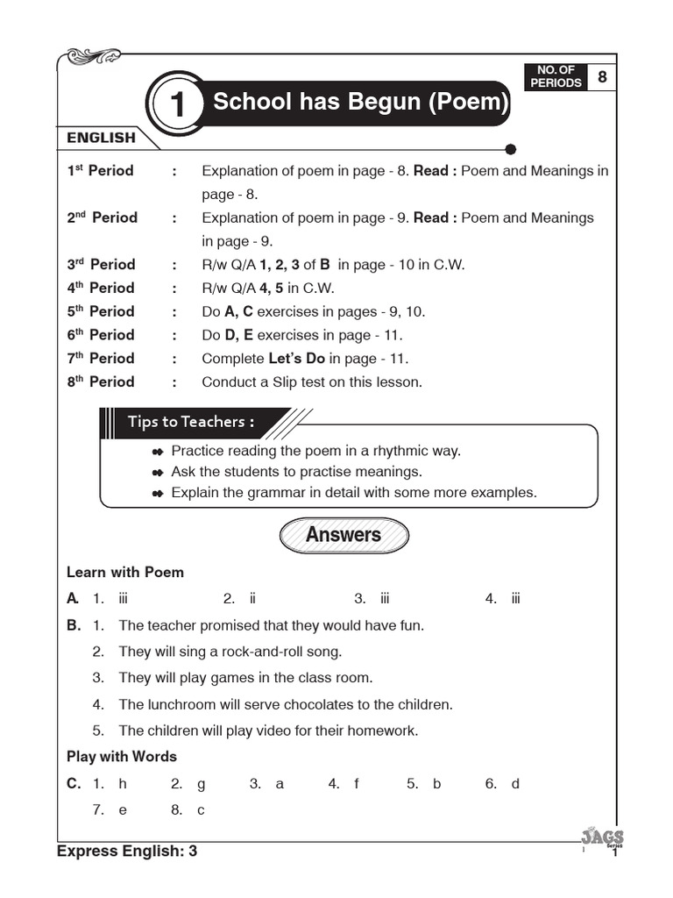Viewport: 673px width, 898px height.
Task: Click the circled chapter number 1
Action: click(178, 106)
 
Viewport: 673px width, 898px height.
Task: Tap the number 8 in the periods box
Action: click(602, 77)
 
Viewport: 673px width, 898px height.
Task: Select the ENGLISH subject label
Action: click(102, 138)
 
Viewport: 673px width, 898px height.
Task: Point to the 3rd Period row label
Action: click(101, 264)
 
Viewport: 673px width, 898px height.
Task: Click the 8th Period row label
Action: click(101, 381)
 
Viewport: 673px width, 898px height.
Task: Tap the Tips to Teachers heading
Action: click(191, 422)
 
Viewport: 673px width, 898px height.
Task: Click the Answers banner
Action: click(344, 535)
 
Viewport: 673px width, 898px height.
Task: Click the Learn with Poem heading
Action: click(125, 572)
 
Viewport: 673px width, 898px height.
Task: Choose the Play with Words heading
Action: click(122, 756)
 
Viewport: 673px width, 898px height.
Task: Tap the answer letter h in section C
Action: click(123, 784)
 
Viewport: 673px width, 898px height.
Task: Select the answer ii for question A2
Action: click(252, 599)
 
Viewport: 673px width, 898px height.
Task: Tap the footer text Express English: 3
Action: click(127, 851)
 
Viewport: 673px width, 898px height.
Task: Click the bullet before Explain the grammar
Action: click(158, 494)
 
